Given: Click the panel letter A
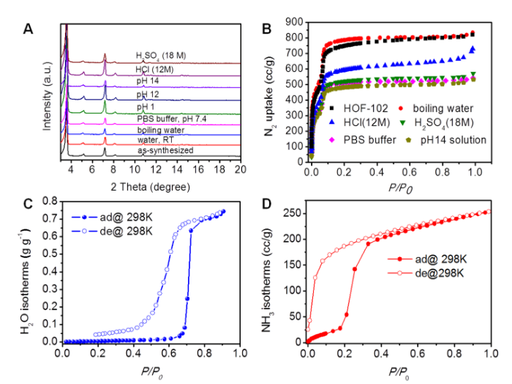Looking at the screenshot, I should coord(28,29).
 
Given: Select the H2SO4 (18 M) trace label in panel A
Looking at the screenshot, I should coord(161,55).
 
